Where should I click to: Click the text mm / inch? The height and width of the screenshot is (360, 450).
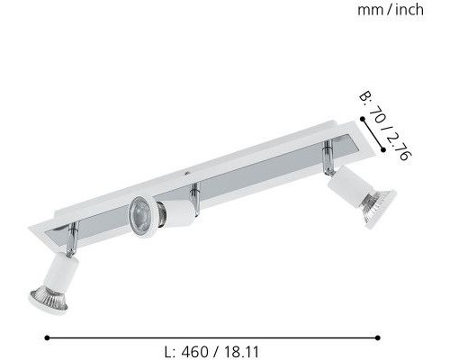point(390,11)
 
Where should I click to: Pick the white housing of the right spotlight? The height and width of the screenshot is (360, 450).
point(352,190)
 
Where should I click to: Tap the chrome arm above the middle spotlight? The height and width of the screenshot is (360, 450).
point(193,192)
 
